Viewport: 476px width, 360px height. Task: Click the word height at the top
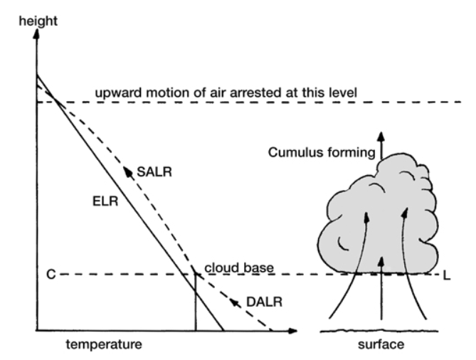38,21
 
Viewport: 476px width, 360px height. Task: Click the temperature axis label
104,345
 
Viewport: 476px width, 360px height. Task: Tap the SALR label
154,171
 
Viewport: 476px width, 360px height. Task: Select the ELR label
105,201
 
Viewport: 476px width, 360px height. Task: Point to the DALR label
265,302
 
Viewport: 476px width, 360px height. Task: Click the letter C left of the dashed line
51,275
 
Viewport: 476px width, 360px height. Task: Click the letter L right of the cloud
447,276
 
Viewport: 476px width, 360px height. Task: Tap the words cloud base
239,268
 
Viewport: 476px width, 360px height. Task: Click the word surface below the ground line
381,345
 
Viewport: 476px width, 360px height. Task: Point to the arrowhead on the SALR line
128,171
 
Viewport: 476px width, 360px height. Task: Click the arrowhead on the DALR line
234,302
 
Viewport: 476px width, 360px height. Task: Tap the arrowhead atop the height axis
37,34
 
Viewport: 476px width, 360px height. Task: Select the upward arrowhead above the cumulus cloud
381,137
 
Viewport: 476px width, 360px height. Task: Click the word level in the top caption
344,92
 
